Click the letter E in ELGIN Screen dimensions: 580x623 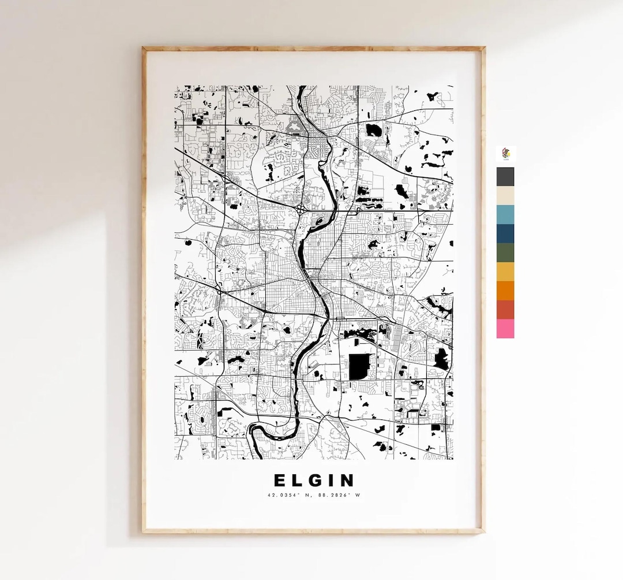(x=279, y=480)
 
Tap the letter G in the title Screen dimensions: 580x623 (x=316, y=480)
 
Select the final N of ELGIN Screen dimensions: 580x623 (x=347, y=480)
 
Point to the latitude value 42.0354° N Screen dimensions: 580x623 (x=289, y=495)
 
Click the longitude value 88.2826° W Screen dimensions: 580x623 (x=338, y=495)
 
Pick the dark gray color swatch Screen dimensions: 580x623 (x=505, y=177)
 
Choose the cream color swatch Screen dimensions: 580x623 (x=505, y=196)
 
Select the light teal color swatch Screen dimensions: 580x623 (x=505, y=214)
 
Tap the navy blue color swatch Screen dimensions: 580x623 (x=505, y=233)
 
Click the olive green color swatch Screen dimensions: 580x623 (x=505, y=252)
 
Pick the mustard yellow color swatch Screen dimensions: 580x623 (x=505, y=272)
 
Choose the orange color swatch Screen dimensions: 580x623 (x=505, y=291)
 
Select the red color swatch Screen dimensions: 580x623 (x=505, y=310)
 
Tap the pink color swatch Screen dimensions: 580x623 (x=505, y=329)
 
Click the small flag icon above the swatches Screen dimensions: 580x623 (x=506, y=153)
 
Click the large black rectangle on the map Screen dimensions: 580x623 (x=359, y=367)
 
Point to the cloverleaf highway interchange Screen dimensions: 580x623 (x=303, y=207)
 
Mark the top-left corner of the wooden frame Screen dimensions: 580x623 (x=144, y=49)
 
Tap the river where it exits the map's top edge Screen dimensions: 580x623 (x=300, y=88)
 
